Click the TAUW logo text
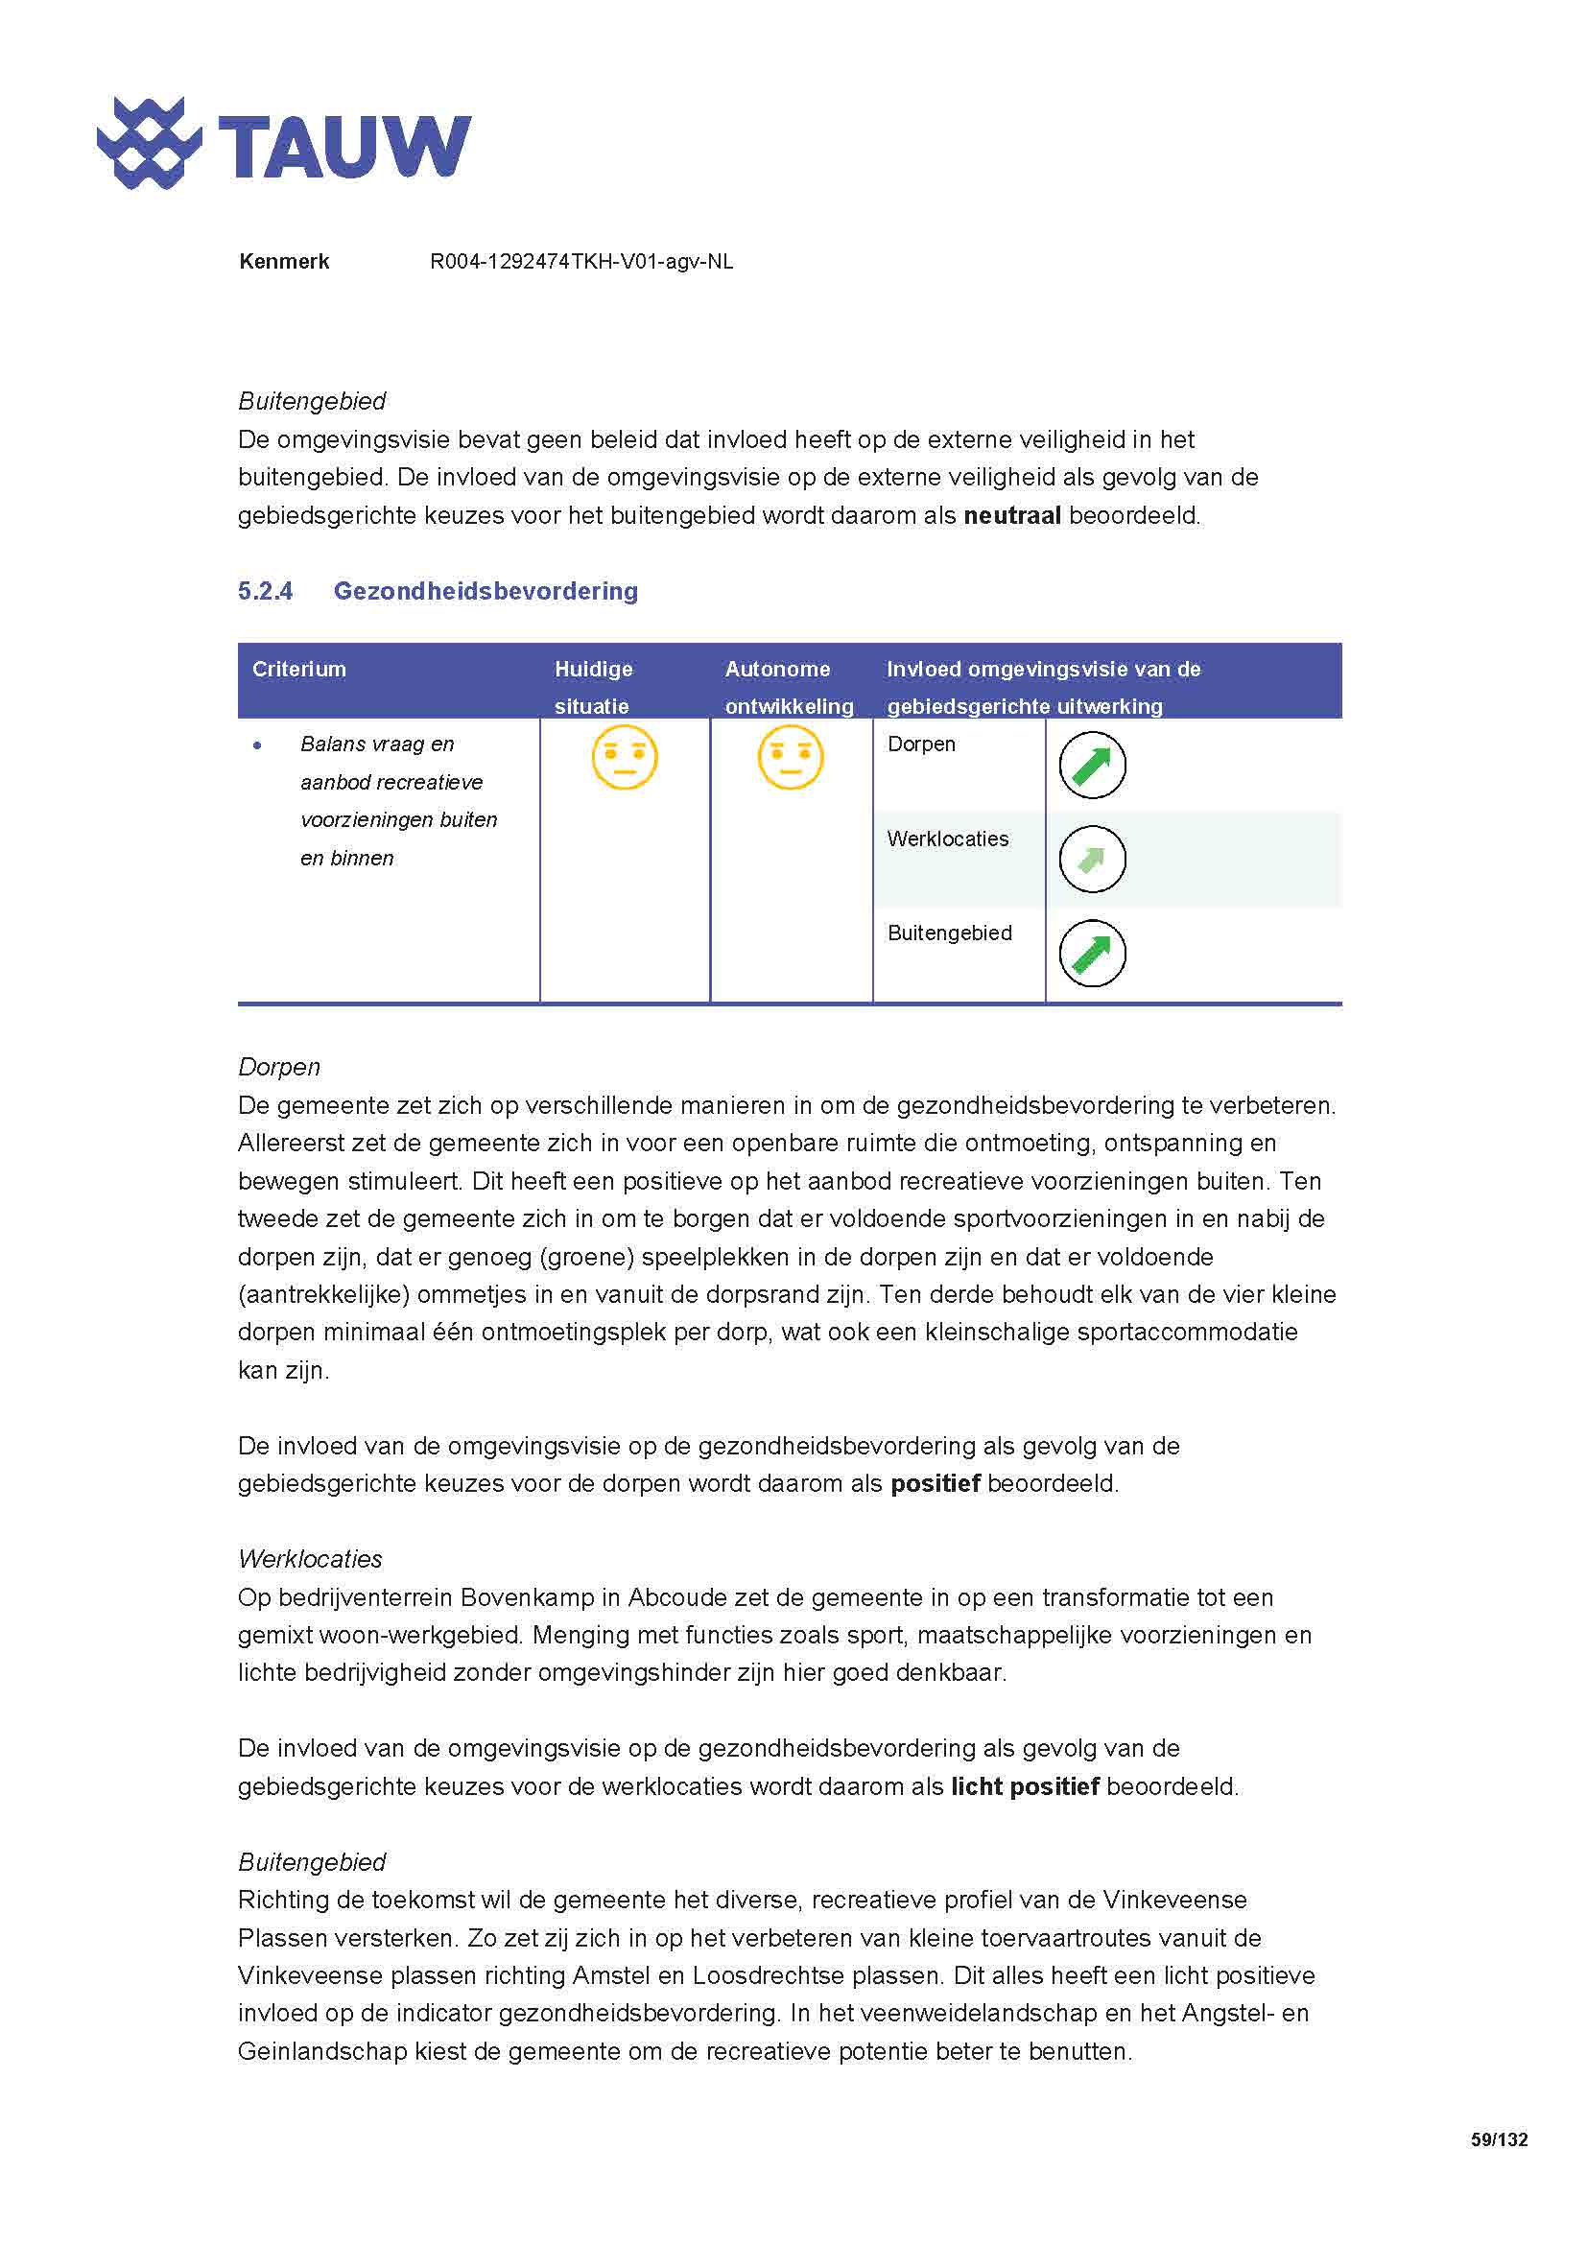point(344,147)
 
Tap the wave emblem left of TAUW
point(149,144)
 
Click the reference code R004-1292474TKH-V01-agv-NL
point(581,262)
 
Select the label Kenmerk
point(283,262)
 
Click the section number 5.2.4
point(265,591)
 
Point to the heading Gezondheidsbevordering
point(486,591)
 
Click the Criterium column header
point(299,670)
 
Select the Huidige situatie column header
point(593,687)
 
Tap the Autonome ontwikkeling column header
point(789,687)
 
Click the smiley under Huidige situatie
point(625,758)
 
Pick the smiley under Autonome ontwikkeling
point(791,758)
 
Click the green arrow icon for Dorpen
point(1092,766)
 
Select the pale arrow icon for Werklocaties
point(1092,859)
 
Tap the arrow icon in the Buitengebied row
point(1092,954)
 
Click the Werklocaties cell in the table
point(948,839)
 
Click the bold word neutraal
point(1011,516)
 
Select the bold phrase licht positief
point(1024,1786)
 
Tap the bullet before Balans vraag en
point(257,745)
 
